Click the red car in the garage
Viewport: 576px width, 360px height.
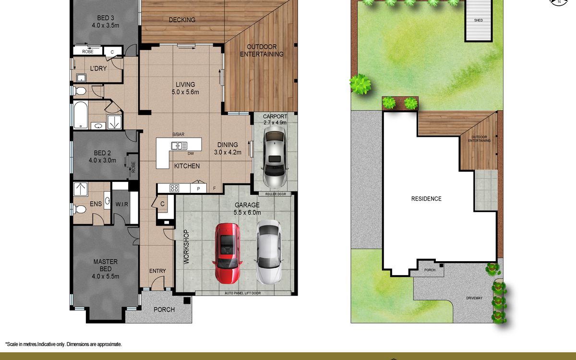point(228,253)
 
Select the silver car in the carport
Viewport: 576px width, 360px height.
point(275,156)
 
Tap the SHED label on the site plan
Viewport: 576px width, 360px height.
point(479,20)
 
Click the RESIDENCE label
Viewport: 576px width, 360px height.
point(426,199)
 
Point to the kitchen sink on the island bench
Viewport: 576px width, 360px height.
point(179,146)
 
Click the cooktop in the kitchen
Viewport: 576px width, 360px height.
point(174,189)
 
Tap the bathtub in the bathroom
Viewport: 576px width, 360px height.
point(81,115)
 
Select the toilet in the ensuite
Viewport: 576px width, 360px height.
point(80,209)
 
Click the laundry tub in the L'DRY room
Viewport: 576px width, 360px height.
point(81,78)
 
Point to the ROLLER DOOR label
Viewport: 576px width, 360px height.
point(276,194)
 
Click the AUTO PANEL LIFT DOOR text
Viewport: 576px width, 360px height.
point(243,293)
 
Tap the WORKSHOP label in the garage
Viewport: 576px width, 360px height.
point(186,247)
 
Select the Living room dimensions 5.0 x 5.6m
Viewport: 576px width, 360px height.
point(185,92)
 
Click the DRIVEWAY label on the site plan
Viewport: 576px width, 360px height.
point(474,298)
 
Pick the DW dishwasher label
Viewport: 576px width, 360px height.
point(191,154)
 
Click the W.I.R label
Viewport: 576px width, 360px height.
point(121,204)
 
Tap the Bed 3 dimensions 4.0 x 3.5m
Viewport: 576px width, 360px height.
point(106,25)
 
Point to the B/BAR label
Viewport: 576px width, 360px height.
point(178,134)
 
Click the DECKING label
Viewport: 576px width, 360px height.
point(182,20)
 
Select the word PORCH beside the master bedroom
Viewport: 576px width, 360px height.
point(164,310)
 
